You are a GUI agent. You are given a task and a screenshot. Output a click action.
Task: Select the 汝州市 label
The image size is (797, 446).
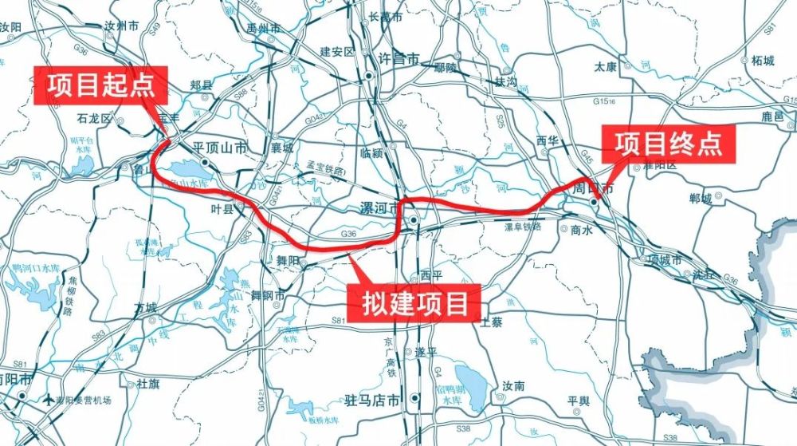122,26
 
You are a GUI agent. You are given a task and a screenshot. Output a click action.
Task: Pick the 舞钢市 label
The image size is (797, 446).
268,295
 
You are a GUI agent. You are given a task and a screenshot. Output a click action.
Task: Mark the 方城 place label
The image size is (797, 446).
146,307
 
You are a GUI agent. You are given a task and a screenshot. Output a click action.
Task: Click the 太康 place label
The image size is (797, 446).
606,67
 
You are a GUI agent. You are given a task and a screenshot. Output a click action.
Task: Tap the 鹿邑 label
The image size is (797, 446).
773,116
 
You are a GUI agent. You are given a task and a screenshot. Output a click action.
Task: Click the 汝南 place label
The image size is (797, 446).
513,386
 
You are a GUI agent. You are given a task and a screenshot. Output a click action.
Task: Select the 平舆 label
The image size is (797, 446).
579,400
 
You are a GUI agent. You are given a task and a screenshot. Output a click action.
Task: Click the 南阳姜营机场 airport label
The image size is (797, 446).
84,400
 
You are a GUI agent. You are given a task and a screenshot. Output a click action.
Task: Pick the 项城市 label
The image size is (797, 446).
665,260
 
